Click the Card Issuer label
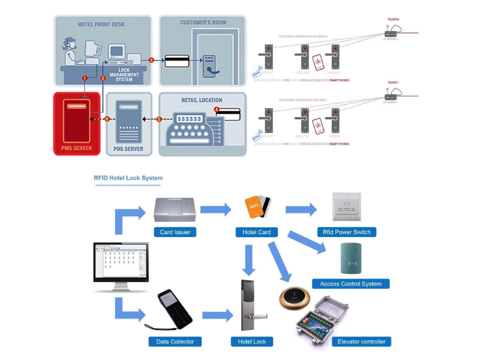coord(175,232)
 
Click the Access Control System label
coord(351,284)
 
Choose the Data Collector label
coord(175,341)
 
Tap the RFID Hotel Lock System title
coord(128,178)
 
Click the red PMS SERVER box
coord(77,123)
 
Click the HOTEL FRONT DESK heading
coord(101,25)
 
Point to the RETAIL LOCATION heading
coord(202,100)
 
